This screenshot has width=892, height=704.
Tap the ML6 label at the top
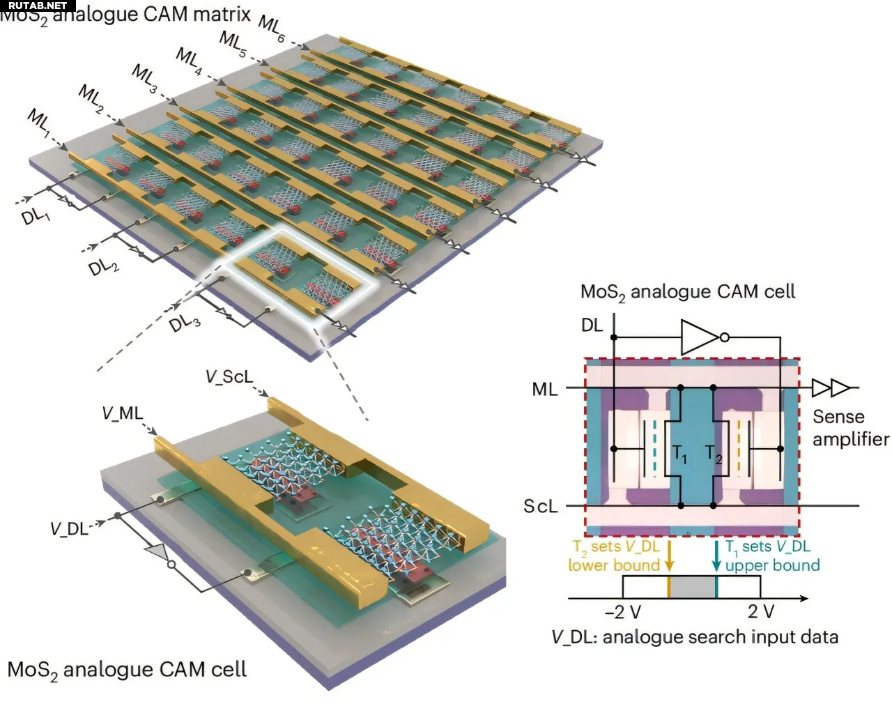pos(272,29)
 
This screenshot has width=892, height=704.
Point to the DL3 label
pos(185,322)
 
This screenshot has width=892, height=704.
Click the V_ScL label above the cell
pos(229,377)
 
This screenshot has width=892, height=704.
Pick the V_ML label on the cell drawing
pos(122,413)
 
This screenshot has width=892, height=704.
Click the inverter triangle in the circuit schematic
pos(701,338)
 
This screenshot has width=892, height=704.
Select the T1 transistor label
pos(679,454)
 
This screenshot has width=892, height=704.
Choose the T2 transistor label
pos(713,454)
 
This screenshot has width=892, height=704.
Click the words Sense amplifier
pos(850,428)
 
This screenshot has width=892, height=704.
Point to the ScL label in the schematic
pos(541,506)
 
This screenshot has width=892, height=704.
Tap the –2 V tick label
pos(623,612)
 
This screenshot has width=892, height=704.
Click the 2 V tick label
pos(760,612)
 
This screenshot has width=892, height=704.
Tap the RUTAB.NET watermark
pos(38,6)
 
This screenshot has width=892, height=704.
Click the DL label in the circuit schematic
pos(592,326)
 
